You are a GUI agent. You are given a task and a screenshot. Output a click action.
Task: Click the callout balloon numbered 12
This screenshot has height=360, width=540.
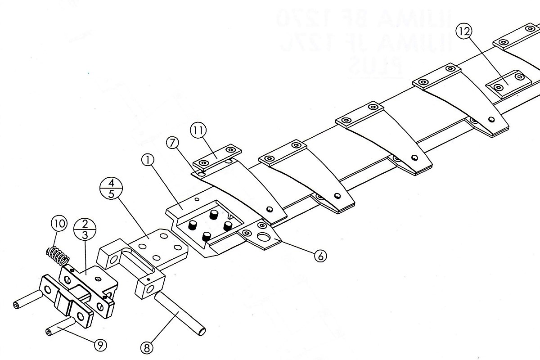pyautogui.click(x=464, y=32)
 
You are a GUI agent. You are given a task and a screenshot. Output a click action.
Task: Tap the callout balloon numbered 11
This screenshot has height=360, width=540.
pyautogui.click(x=198, y=131)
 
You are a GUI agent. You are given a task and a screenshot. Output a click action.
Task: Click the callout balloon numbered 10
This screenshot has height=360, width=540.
pyautogui.click(x=59, y=224)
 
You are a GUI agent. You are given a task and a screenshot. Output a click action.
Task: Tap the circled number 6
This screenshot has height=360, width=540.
pyautogui.click(x=320, y=256)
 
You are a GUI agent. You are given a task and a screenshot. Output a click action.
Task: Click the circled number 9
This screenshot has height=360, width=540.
pyautogui.click(x=100, y=345)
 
